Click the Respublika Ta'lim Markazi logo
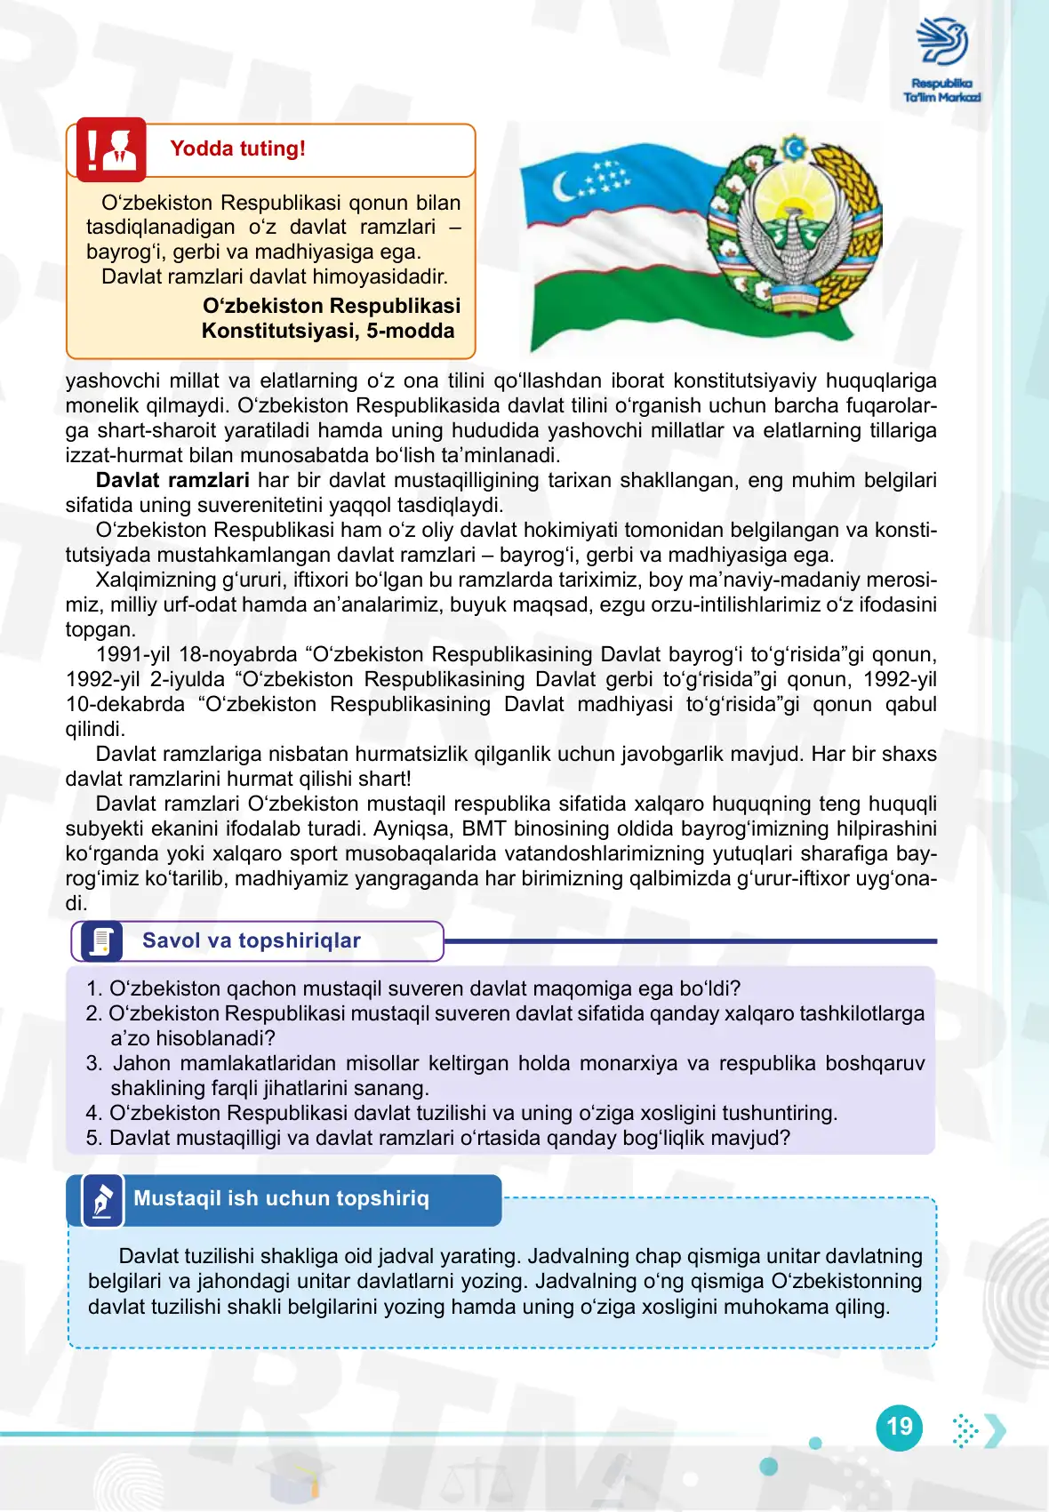(942, 59)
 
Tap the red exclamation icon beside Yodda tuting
(111, 149)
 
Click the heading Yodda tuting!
(237, 148)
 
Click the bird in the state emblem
(793, 250)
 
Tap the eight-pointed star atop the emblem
(793, 147)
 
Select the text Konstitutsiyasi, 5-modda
(328, 331)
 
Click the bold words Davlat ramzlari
(172, 480)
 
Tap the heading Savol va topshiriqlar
(252, 940)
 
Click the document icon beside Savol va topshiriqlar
(101, 941)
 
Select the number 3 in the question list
(93, 1063)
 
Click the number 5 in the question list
(92, 1138)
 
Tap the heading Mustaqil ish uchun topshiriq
(281, 1198)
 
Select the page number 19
(900, 1427)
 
